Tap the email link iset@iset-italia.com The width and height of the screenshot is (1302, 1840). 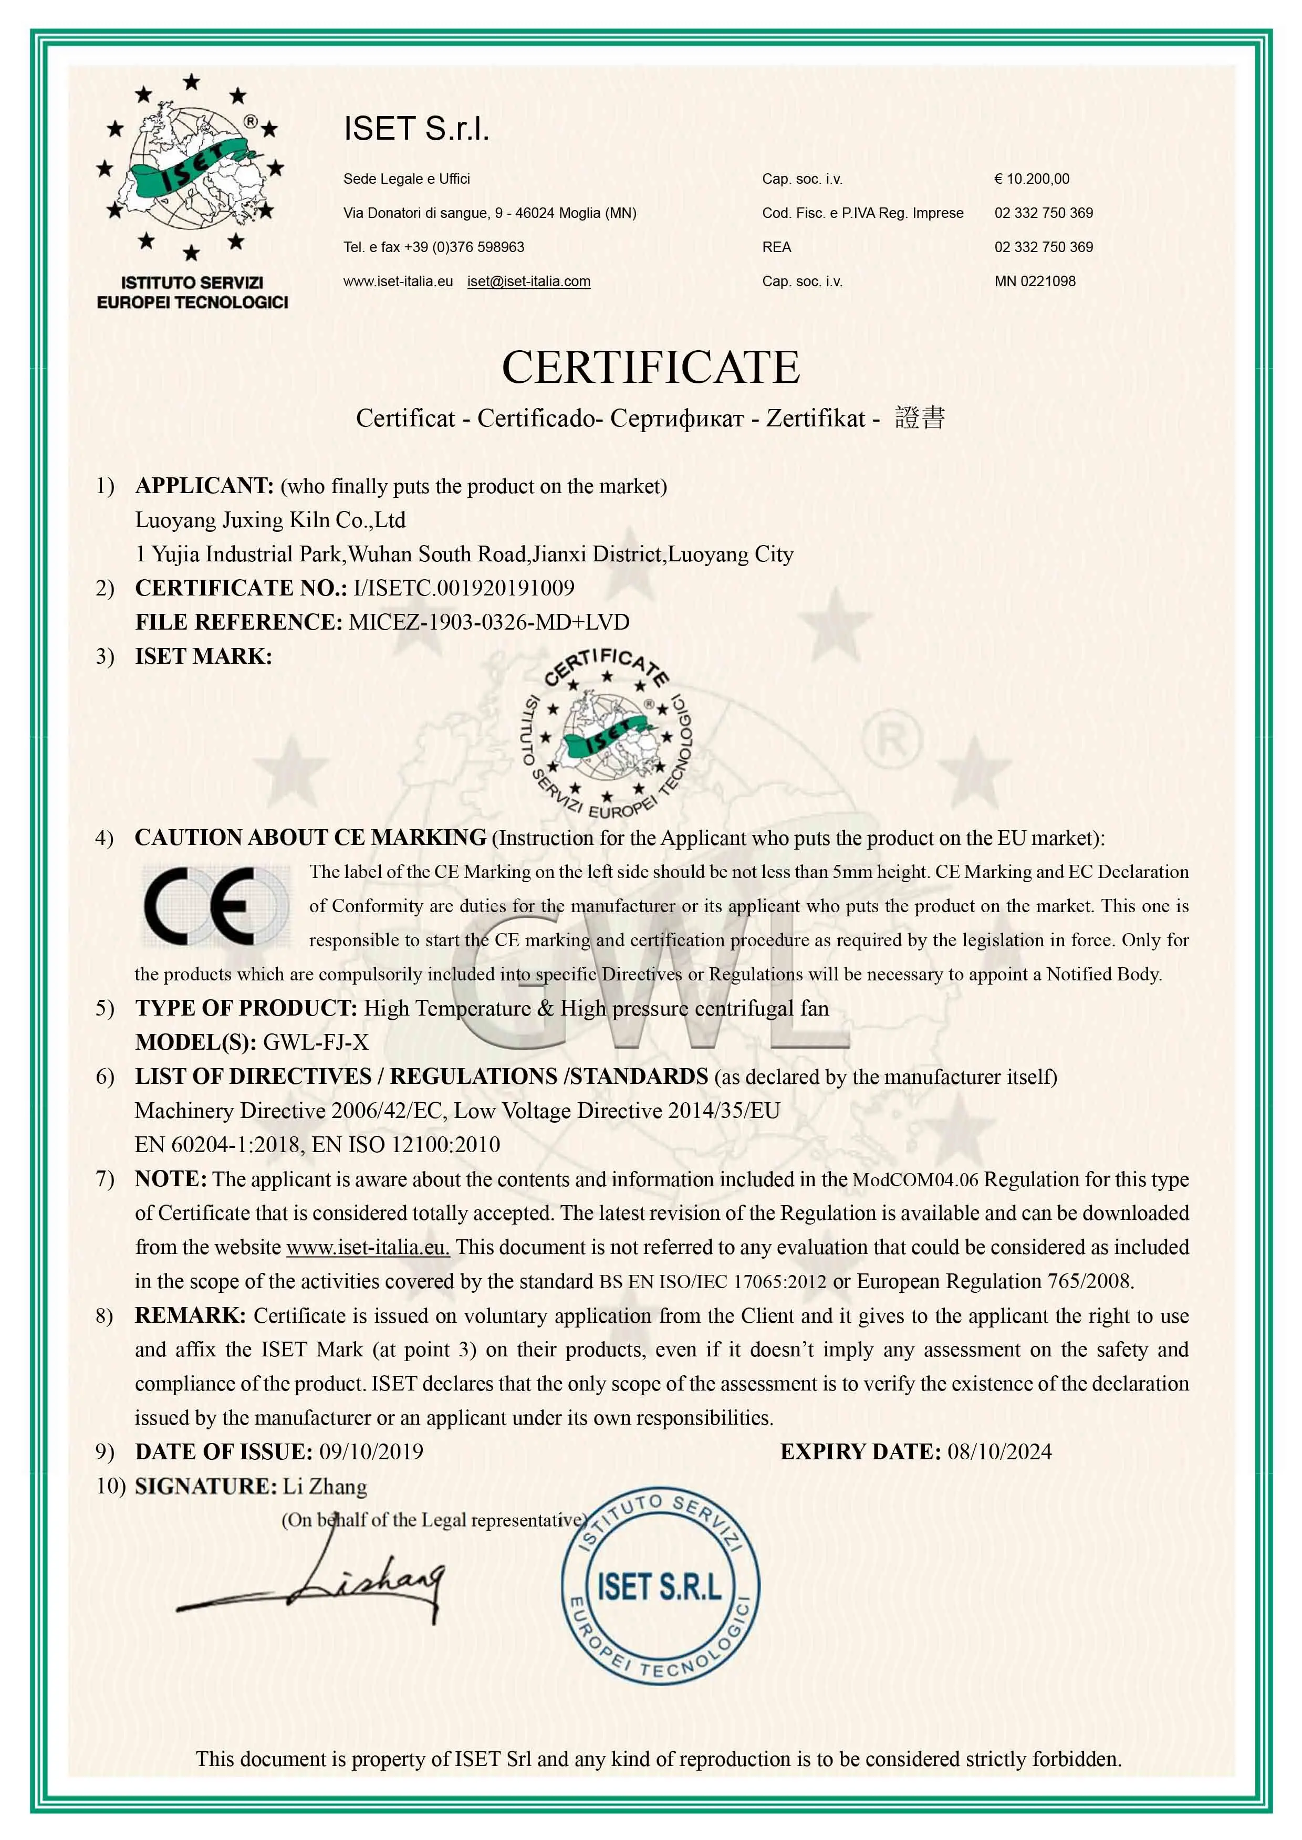pos(528,281)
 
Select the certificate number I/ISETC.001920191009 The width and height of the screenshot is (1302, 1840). pos(463,588)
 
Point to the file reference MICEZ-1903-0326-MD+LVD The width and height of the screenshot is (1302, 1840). pos(488,623)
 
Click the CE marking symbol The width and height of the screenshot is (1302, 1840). pos(215,906)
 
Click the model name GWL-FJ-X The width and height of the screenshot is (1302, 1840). pos(316,1042)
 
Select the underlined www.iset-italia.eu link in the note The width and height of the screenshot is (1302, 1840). pos(367,1248)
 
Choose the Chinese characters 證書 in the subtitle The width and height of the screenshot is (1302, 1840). pos(920,417)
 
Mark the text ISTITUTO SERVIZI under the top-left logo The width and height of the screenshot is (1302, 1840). pos(192,283)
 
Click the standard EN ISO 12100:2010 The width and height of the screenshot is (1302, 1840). pos(405,1145)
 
